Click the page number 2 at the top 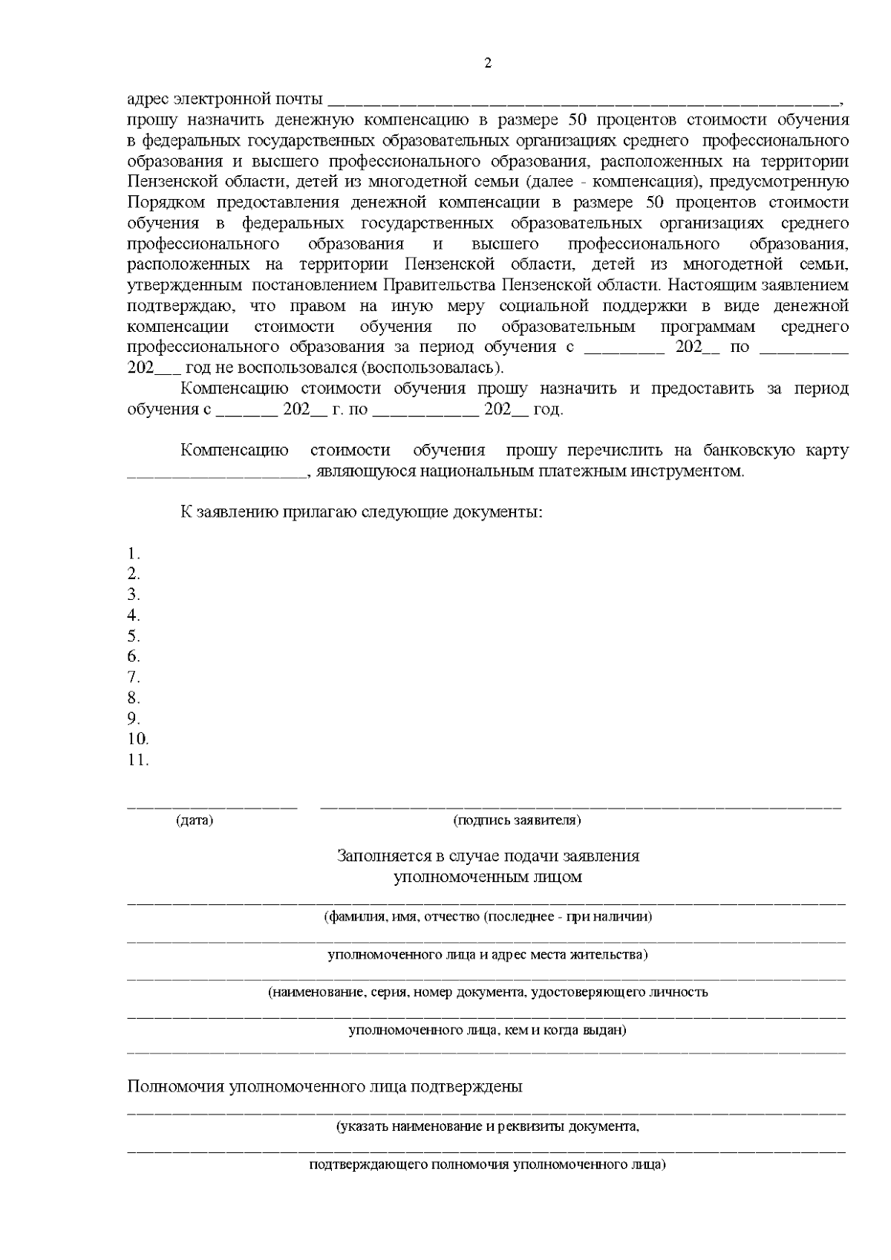point(488,63)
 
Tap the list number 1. point(134,553)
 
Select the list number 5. point(134,636)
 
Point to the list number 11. point(138,760)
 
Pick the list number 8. point(134,698)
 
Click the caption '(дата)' point(195,820)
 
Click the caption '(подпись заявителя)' point(517,820)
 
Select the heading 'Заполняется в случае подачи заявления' point(488,856)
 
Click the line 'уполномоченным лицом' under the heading point(488,877)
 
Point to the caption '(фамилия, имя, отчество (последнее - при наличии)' point(488,916)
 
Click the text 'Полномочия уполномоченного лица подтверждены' point(324,1086)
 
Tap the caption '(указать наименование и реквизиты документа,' point(488,1126)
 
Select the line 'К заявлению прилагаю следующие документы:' point(362,512)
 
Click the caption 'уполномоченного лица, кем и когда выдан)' point(488,1031)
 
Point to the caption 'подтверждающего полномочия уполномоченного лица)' point(488,1164)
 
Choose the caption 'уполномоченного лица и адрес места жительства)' point(488,954)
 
